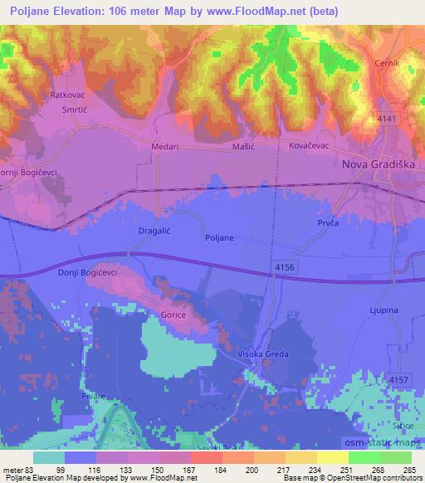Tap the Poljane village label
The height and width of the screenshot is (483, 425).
point(219,237)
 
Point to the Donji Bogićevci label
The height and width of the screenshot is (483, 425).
point(87,272)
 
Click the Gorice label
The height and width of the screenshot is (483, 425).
point(173,316)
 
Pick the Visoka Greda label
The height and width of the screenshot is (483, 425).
point(265,354)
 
